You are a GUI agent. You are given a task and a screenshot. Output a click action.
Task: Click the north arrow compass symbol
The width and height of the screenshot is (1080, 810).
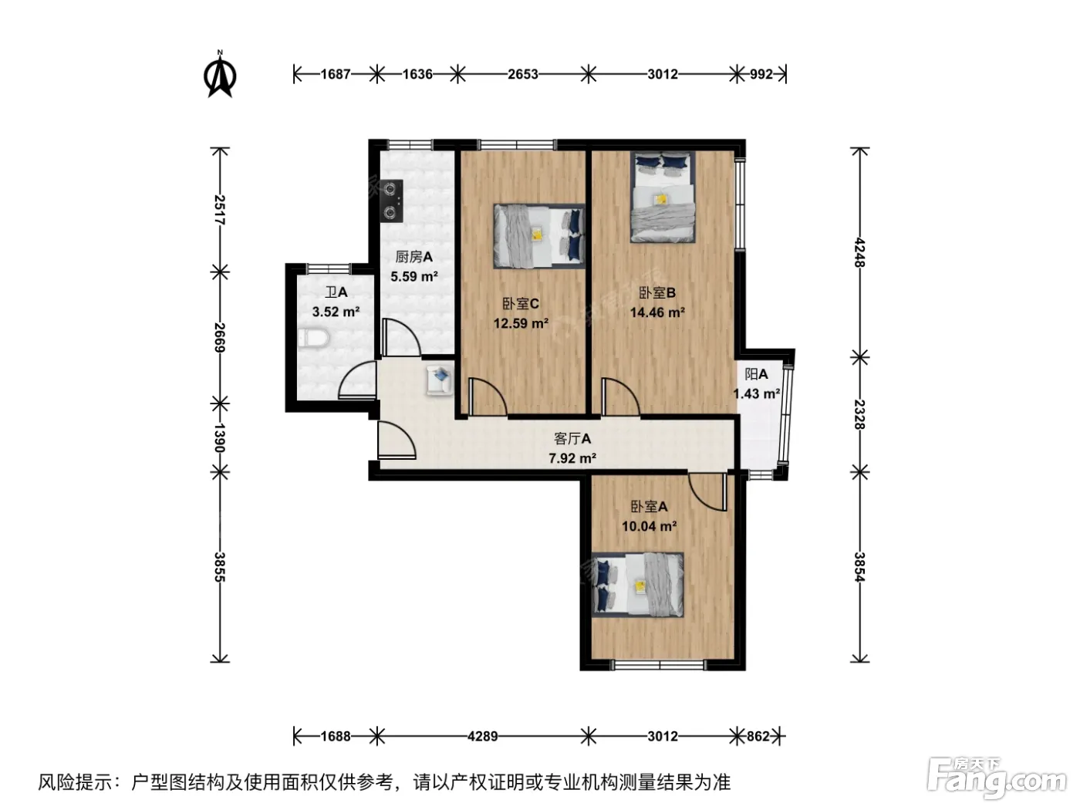click(220, 74)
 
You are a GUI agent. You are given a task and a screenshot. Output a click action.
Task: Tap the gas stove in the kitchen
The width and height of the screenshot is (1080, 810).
click(392, 200)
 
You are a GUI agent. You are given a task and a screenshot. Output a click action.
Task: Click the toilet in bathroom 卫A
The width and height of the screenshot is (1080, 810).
click(313, 338)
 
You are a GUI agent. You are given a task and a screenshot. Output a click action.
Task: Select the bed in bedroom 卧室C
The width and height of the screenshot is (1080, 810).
click(539, 236)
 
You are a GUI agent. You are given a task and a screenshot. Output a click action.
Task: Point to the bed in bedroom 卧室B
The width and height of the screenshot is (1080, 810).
click(663, 197)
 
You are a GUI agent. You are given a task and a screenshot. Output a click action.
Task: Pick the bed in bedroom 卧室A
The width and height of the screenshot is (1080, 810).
click(638, 585)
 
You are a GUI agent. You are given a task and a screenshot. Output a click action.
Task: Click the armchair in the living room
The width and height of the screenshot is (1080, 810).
click(440, 380)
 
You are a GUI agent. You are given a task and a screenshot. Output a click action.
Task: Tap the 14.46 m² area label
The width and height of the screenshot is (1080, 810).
click(658, 312)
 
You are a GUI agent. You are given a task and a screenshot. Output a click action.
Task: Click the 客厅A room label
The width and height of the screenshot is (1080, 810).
click(572, 438)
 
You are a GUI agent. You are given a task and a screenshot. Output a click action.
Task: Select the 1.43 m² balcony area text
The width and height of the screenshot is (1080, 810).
click(756, 394)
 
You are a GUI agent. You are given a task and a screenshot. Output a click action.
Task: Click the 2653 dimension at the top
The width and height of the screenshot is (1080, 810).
click(522, 74)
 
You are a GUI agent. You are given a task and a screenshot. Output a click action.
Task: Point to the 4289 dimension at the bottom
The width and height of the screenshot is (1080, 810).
click(483, 736)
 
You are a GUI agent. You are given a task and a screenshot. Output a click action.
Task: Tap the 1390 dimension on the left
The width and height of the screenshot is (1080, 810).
click(219, 438)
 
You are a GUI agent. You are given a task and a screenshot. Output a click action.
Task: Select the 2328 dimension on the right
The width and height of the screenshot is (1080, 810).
click(859, 414)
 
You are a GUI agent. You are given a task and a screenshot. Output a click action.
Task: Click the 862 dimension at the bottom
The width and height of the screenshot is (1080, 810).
click(758, 736)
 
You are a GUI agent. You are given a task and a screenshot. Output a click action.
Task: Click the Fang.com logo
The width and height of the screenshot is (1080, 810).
click(996, 781)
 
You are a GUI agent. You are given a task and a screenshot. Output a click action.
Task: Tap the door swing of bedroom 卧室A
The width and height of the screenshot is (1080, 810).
click(707, 492)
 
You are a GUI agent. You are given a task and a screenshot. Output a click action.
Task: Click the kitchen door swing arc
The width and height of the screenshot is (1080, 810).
click(401, 337)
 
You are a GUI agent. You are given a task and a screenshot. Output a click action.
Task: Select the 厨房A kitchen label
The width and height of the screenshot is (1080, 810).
click(413, 257)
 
